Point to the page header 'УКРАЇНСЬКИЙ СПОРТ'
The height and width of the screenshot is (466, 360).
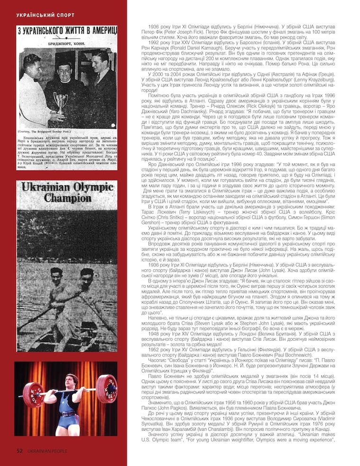tap(45, 15)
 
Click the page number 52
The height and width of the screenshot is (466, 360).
tap(19, 451)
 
